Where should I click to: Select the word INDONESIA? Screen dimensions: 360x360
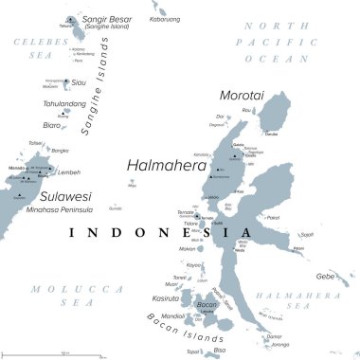coord(160,232)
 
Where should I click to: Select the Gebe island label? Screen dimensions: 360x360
coord(326,276)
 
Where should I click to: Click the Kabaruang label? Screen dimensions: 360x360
coord(167,19)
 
